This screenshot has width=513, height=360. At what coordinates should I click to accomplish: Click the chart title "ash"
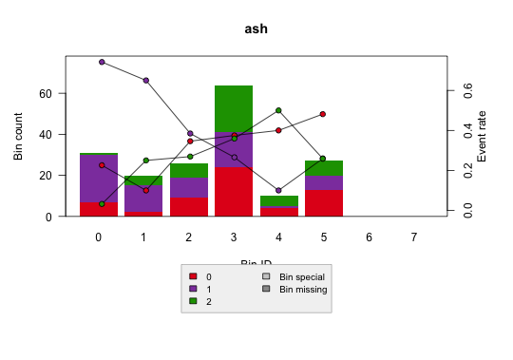click(256, 28)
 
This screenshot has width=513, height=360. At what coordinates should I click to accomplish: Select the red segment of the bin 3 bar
click(234, 192)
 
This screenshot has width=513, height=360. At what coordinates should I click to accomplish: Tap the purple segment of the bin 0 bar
click(99, 179)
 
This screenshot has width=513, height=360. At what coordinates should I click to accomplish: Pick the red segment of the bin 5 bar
click(324, 203)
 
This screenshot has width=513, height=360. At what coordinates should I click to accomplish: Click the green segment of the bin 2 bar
click(189, 171)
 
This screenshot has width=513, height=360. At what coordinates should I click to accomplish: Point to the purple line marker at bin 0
click(102, 62)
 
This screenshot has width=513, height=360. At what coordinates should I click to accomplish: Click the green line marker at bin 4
click(278, 110)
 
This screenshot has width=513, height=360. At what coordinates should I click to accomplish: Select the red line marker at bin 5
click(323, 114)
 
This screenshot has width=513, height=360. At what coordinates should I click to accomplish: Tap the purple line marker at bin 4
click(278, 191)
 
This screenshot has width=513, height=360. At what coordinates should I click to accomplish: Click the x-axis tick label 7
click(413, 237)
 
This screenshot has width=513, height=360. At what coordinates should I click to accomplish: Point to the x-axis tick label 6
click(369, 237)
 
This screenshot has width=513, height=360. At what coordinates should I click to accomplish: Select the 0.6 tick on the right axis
click(467, 90)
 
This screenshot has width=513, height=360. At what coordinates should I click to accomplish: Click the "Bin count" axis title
click(18, 137)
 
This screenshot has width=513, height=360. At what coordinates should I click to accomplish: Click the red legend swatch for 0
click(194, 276)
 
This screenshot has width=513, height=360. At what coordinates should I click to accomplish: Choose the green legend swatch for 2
click(194, 300)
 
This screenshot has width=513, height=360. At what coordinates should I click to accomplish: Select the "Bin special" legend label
click(302, 276)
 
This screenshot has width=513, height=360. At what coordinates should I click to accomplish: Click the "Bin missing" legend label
click(303, 288)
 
